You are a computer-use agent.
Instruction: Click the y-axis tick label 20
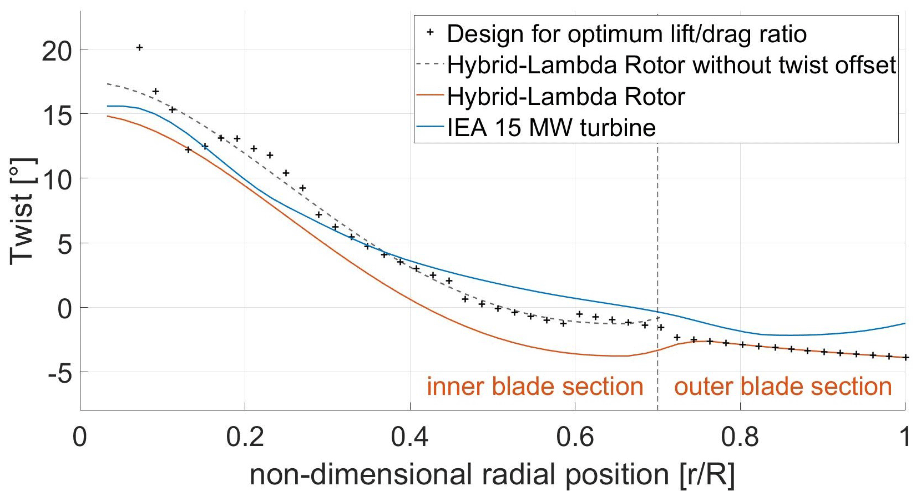(x=57, y=51)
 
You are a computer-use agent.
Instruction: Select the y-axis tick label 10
(x=57, y=180)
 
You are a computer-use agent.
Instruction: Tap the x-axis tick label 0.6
(x=575, y=437)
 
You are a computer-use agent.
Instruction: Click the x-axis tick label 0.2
(x=245, y=437)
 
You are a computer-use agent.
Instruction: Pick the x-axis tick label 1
(x=905, y=437)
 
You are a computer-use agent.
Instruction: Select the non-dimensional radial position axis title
(x=492, y=475)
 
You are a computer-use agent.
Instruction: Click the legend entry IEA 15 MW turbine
(x=551, y=128)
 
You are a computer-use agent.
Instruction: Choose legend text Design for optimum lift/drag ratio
(x=626, y=34)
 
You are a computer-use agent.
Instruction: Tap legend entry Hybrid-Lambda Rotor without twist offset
(x=671, y=65)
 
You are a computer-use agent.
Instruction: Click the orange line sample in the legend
(x=430, y=96)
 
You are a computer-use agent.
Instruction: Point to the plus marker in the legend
(x=430, y=33)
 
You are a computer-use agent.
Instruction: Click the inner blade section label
(x=535, y=387)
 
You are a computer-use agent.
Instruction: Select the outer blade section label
(x=782, y=387)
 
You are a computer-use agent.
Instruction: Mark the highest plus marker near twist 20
(x=139, y=48)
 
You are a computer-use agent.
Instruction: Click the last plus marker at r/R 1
(x=905, y=358)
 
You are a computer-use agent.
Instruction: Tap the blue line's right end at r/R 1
(x=905, y=323)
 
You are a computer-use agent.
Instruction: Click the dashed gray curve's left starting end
(x=108, y=84)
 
